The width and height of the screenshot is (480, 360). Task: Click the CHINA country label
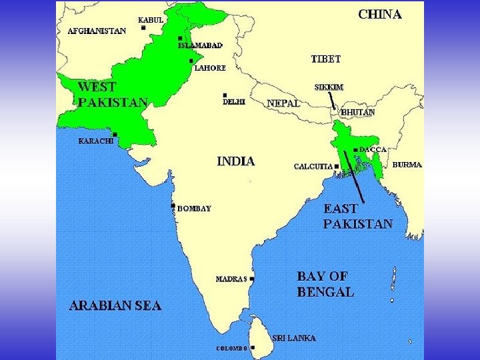(x=380, y=14)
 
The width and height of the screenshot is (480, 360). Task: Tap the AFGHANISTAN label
(x=97, y=31)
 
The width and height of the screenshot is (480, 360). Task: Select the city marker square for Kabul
(x=143, y=27)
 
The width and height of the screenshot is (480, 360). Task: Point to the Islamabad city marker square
(x=180, y=38)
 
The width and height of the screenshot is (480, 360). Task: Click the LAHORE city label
(x=209, y=67)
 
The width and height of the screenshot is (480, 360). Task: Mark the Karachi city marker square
(x=115, y=135)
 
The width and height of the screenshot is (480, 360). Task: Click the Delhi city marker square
(x=225, y=95)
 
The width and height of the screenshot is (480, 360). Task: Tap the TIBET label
(x=326, y=59)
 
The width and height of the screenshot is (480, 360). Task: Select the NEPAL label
(x=283, y=103)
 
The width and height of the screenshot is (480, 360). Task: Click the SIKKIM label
(x=329, y=87)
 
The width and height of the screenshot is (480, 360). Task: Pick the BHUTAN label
(x=358, y=112)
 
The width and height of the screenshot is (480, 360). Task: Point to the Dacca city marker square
(x=355, y=149)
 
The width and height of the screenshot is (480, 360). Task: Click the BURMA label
(x=407, y=165)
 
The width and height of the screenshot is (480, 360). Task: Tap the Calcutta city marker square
(x=337, y=166)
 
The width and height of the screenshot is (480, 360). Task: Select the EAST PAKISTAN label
(x=358, y=216)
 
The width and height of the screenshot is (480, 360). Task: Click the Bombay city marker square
(x=173, y=205)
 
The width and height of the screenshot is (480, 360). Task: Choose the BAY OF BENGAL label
(x=325, y=283)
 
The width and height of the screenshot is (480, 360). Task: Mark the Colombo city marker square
(x=253, y=347)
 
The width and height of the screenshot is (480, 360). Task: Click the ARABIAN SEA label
(x=115, y=306)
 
